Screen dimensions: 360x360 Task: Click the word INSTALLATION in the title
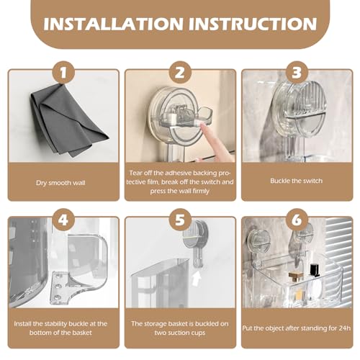114,24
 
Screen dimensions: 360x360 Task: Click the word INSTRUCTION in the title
253,24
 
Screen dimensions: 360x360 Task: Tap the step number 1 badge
63,73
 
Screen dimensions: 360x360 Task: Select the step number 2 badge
180,73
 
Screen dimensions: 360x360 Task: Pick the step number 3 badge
297,73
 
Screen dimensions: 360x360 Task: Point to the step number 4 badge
63,220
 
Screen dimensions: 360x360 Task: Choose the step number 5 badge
180,220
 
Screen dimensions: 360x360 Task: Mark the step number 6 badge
297,220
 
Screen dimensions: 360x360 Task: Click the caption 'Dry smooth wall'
60,183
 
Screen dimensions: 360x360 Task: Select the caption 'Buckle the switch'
297,181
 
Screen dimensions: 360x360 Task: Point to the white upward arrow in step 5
197,278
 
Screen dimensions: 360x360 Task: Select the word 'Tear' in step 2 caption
135,173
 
